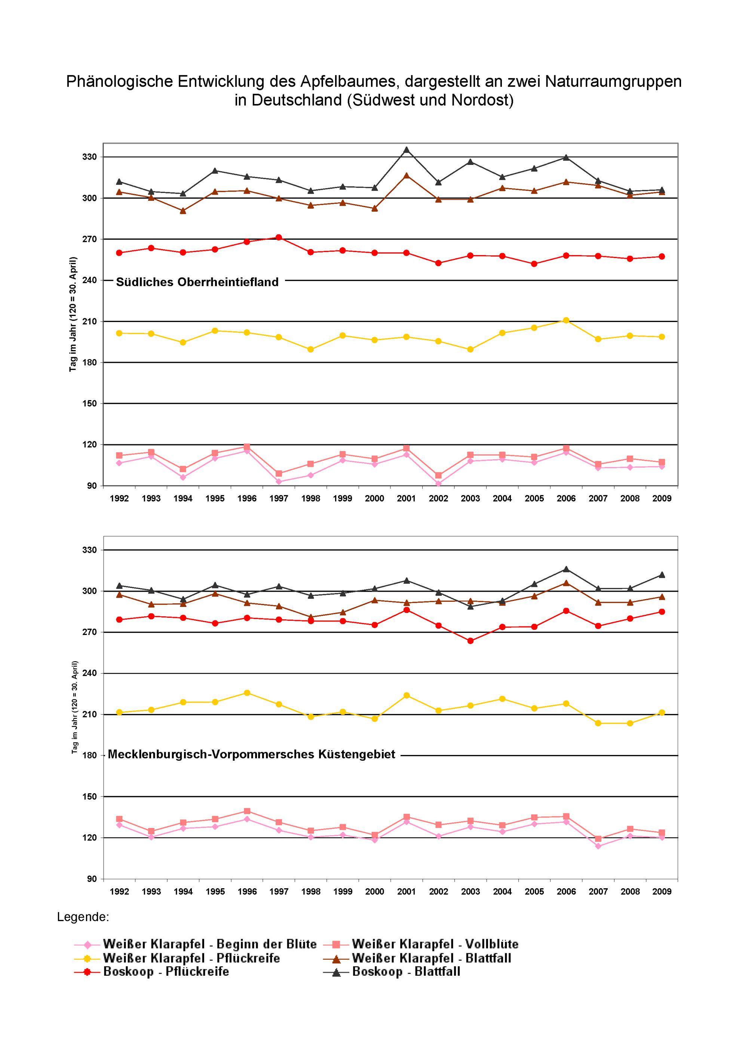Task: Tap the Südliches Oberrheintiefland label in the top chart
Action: pyautogui.click(x=197, y=282)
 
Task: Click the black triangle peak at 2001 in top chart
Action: pyautogui.click(x=407, y=150)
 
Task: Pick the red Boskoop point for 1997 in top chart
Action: pyautogui.click(x=279, y=237)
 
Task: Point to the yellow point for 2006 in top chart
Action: pyautogui.click(x=566, y=320)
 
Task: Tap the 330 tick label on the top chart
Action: pyautogui.click(x=90, y=157)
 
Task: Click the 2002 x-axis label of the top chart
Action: pyautogui.click(x=438, y=499)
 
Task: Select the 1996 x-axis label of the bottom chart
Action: pyautogui.click(x=247, y=892)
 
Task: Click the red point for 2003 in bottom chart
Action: pyautogui.click(x=470, y=641)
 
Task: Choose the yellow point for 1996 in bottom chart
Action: pyautogui.click(x=247, y=693)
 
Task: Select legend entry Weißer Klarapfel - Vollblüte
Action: pyautogui.click(x=422, y=944)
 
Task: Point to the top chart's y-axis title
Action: pyautogui.click(x=73, y=314)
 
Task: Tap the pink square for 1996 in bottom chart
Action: pyautogui.click(x=247, y=811)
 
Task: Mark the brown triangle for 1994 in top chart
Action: pyautogui.click(x=183, y=211)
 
